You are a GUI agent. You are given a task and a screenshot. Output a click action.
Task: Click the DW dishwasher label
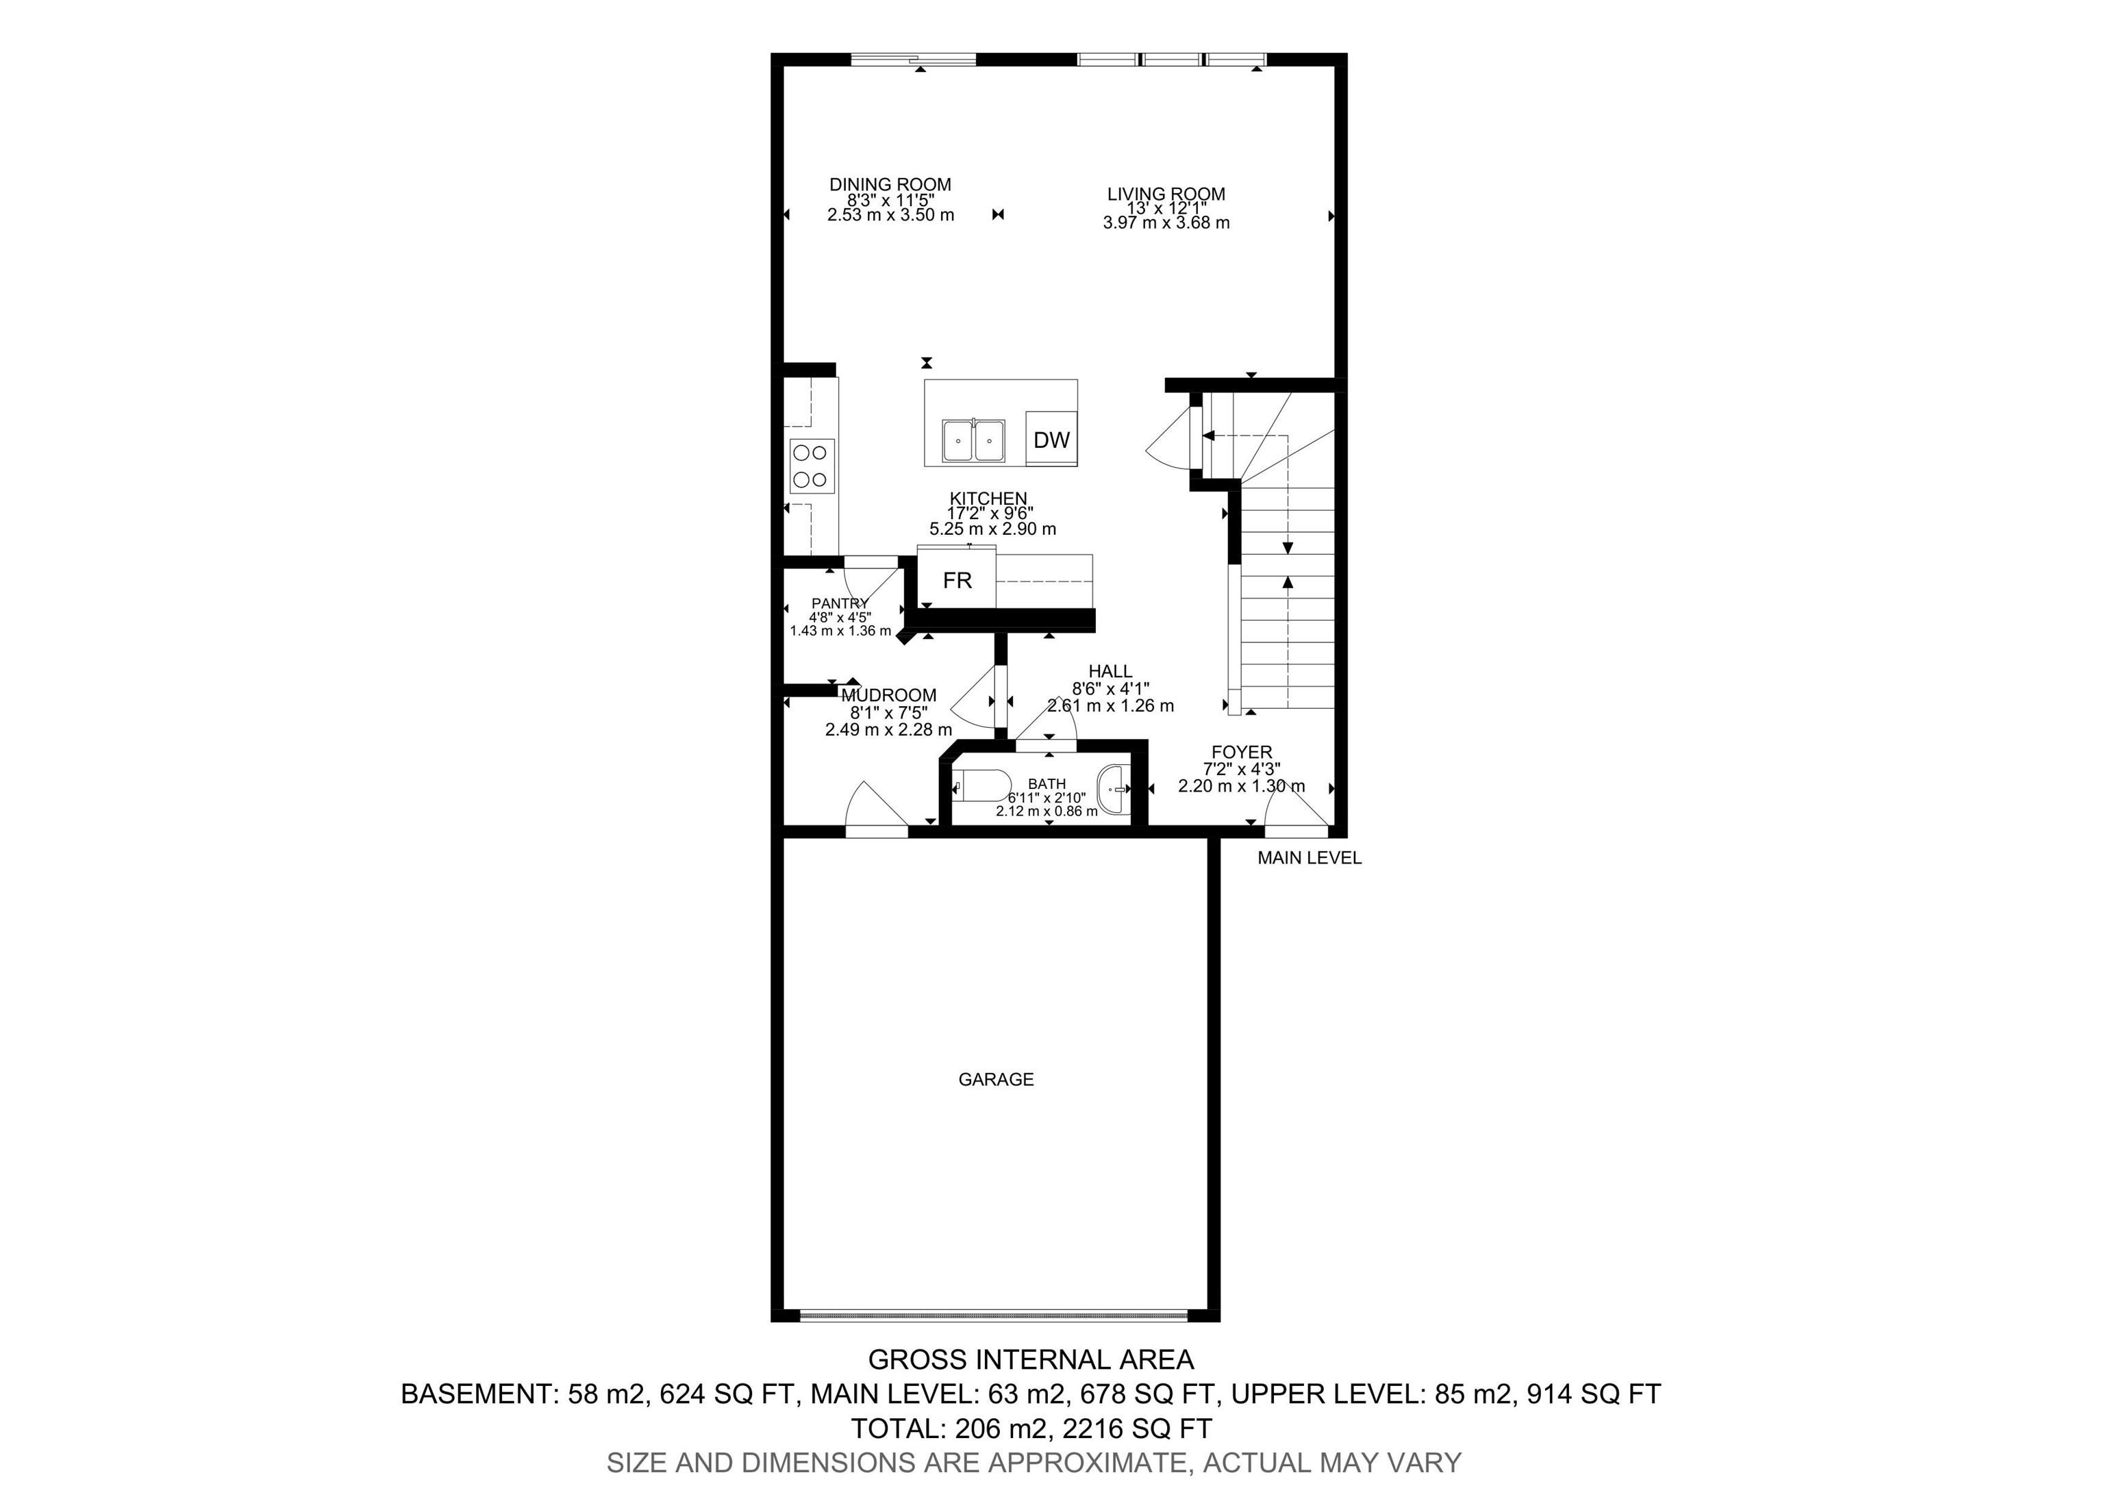(x=1051, y=440)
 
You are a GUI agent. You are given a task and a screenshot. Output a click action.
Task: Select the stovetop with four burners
(x=171, y=466)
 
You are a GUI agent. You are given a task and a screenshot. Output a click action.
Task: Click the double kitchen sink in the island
(x=973, y=441)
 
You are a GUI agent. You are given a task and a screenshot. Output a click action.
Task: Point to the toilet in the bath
(x=981, y=786)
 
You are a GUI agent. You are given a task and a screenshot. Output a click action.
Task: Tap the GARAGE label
(x=996, y=1079)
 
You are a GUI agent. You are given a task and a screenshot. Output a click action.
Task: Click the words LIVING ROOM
(x=1166, y=194)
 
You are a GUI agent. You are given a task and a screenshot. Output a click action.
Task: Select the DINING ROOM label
(x=890, y=184)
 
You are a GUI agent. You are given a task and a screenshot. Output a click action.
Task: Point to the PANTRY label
(x=840, y=603)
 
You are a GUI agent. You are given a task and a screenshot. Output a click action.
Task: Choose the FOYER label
(x=1242, y=752)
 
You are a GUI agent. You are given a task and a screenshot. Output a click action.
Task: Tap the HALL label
(x=1111, y=672)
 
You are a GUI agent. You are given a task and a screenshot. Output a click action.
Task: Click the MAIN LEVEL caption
(x=1310, y=859)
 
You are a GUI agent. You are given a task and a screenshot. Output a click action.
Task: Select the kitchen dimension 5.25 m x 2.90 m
(x=992, y=529)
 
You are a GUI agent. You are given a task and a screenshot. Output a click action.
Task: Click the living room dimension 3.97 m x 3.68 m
(x=1166, y=223)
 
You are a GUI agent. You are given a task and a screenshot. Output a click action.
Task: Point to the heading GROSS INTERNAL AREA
(x=1031, y=1359)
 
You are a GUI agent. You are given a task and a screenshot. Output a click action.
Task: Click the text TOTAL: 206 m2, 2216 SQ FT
(x=1031, y=1428)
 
